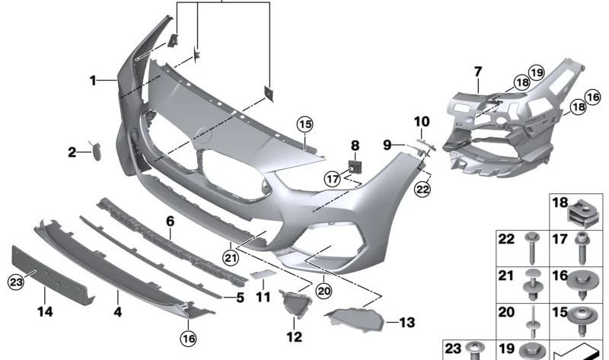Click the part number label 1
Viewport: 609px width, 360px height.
92,79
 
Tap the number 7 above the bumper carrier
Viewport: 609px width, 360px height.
478,72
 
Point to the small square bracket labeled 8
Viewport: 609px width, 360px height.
355,165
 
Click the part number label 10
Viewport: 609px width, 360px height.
421,122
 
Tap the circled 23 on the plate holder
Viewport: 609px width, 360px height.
17,282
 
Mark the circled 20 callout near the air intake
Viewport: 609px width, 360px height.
324,289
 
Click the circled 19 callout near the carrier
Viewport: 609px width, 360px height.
537,72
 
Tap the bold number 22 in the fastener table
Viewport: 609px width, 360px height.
506,240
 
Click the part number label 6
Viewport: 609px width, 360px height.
171,221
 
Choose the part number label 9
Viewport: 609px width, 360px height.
387,144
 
